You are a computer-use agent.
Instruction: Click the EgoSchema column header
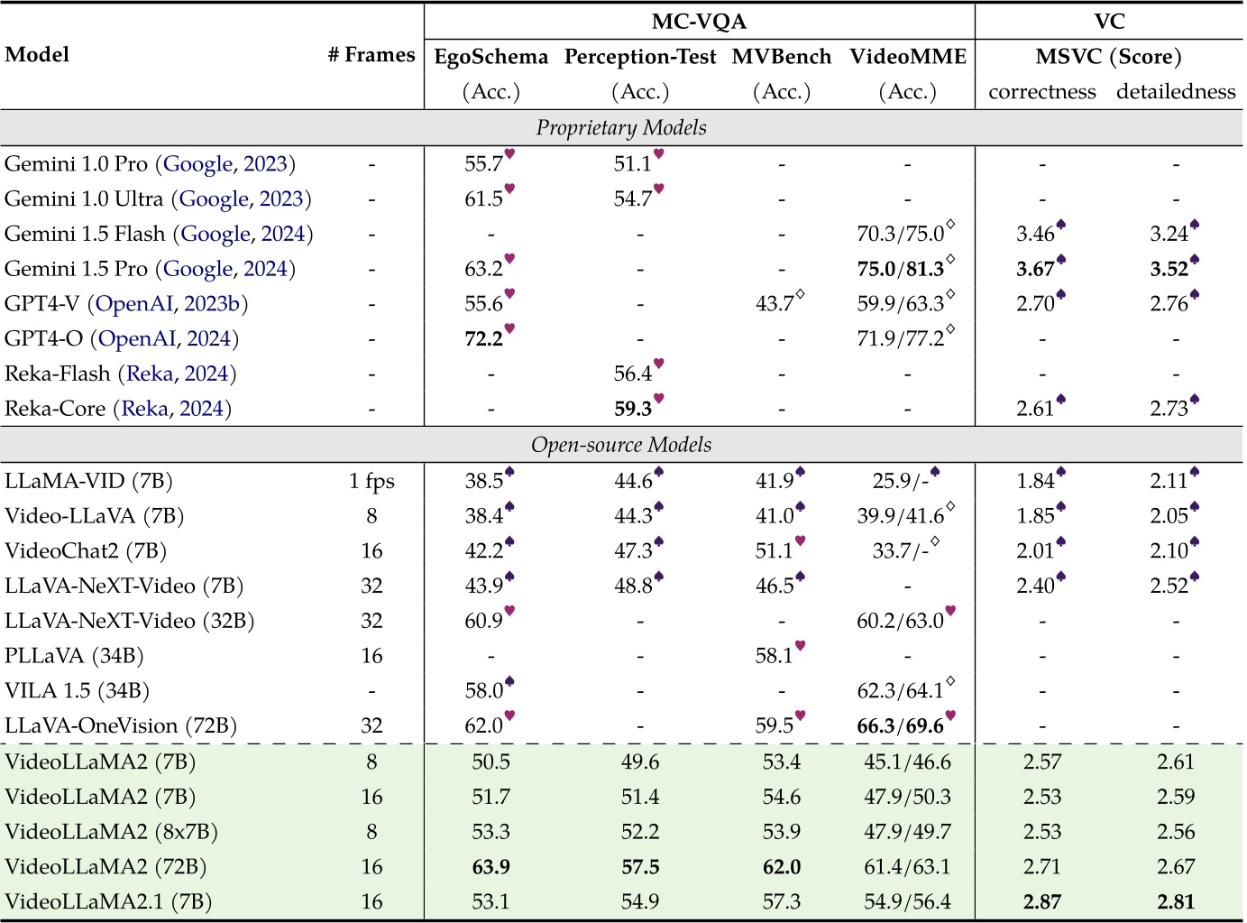[491, 57]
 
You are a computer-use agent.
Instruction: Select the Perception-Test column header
[640, 57]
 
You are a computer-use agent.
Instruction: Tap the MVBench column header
[782, 57]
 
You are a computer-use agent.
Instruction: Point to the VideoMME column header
[907, 57]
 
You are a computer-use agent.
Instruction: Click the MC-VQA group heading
[699, 22]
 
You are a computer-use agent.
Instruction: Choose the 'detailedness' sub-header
[1176, 92]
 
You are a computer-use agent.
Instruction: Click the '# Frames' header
[371, 55]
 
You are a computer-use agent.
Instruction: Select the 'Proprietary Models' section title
[621, 128]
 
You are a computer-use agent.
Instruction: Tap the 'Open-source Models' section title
[621, 445]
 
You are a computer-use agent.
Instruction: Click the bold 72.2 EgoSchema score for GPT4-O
[484, 339]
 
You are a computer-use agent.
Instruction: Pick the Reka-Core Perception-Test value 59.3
[633, 409]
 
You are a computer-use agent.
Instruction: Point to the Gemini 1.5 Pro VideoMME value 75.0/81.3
[901, 269]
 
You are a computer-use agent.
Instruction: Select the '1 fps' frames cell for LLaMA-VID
[371, 481]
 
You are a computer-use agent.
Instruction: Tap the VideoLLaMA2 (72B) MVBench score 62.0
[782, 867]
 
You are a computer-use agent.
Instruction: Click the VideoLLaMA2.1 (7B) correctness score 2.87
[1042, 902]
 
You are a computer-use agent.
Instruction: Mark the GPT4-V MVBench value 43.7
[775, 304]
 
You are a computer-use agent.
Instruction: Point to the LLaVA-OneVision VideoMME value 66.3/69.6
[901, 726]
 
